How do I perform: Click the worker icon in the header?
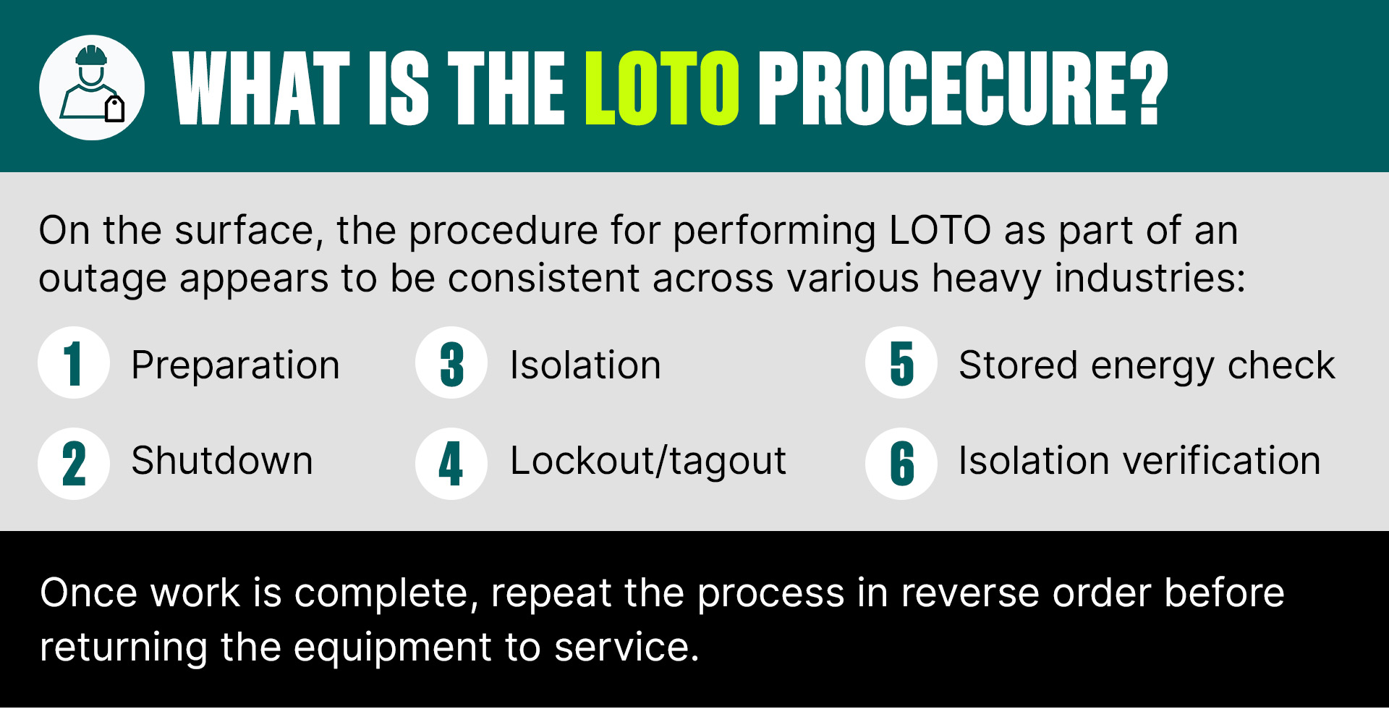coord(92,88)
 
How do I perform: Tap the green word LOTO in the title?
coord(661,88)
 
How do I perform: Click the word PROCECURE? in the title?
coord(962,88)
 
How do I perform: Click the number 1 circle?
coord(74,362)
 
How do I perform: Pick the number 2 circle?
coord(74,464)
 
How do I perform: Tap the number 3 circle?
coord(451,362)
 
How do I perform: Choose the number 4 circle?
coord(451,464)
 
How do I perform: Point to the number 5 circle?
coord(901,362)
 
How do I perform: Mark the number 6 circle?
coord(901,464)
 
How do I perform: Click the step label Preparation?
coord(236,365)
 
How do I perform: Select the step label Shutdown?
coord(222,461)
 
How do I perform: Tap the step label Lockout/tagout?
coord(648,462)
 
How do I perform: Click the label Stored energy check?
coord(1147,365)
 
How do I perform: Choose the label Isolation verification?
coord(1139,461)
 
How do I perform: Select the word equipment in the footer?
coord(393,648)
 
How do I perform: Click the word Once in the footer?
coord(88,593)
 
